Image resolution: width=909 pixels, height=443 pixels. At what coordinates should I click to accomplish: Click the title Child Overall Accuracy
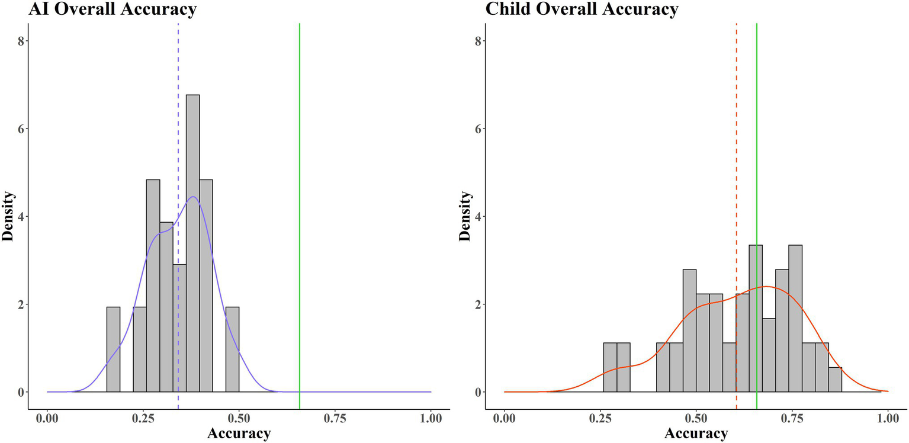(582, 9)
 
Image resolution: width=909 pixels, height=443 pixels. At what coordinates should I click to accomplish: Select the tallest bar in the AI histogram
(192, 243)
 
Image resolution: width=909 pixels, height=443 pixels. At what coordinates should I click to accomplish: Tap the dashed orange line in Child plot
(737, 148)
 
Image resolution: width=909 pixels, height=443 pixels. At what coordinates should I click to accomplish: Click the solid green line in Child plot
(757, 148)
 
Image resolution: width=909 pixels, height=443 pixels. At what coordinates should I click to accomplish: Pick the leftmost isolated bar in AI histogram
(113, 349)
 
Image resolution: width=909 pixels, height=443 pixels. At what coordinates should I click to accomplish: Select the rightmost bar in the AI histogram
(232, 349)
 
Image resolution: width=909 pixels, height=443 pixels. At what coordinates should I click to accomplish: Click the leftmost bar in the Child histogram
(610, 367)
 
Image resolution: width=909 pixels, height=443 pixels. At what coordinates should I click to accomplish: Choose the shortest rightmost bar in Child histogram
(835, 380)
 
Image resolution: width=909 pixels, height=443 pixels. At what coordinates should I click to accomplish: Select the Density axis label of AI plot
(8, 216)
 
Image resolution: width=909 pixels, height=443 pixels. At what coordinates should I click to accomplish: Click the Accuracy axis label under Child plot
(696, 434)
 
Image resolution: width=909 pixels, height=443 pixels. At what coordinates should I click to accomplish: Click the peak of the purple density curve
(193, 197)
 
